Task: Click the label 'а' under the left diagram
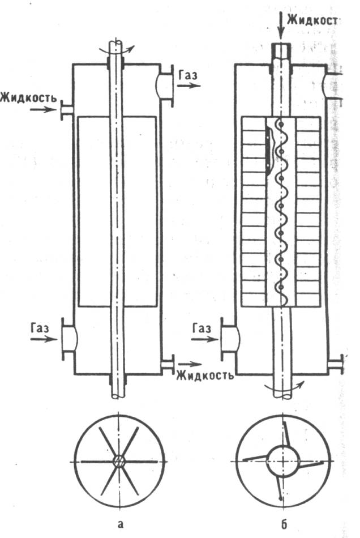119,523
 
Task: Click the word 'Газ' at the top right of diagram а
188,74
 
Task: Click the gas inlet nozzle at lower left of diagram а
67,338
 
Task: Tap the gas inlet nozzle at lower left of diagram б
229,338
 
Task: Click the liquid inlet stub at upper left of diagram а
65,109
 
